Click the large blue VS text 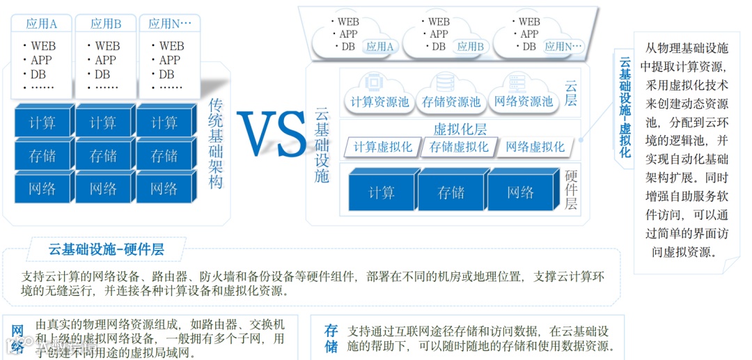click(272, 135)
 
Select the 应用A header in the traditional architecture click(42, 24)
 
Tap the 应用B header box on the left click(106, 24)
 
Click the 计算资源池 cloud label click(380, 102)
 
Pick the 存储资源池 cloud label click(451, 102)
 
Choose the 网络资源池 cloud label click(523, 102)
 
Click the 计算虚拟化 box click(383, 147)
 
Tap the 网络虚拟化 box click(535, 147)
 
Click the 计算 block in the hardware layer click(382, 192)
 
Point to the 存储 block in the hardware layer click(451, 192)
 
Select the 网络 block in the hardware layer click(520, 192)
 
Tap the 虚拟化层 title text click(460, 129)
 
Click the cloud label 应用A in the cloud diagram click(380, 47)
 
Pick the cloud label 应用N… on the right click(563, 47)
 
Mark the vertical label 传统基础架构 click(216, 143)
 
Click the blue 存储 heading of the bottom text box click(331, 338)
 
